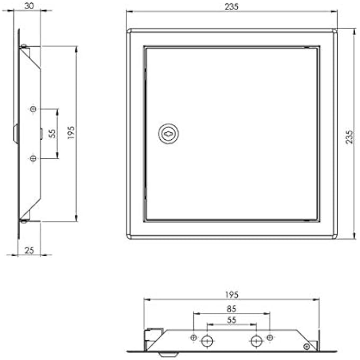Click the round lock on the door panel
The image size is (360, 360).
tap(167, 133)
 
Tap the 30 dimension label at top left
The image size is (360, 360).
tap(30, 6)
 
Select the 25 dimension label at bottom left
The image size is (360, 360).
tap(30, 250)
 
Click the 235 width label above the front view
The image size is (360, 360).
tap(232, 6)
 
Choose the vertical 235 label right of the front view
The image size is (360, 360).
tap(349, 138)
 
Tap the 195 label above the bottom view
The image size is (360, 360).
tap(232, 295)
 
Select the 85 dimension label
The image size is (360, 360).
tap(231, 308)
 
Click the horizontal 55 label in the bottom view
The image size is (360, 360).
tap(231, 319)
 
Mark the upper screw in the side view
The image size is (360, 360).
tap(33, 109)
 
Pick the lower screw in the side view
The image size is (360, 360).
tap(33, 158)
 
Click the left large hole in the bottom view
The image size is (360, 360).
tap(207, 340)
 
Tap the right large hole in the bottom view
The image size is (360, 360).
tap(256, 340)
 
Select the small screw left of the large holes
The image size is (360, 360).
tap(194, 337)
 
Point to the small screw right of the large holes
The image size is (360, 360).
tap(270, 337)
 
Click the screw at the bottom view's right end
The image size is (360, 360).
tap(307, 346)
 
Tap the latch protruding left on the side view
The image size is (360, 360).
tap(16, 133)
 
